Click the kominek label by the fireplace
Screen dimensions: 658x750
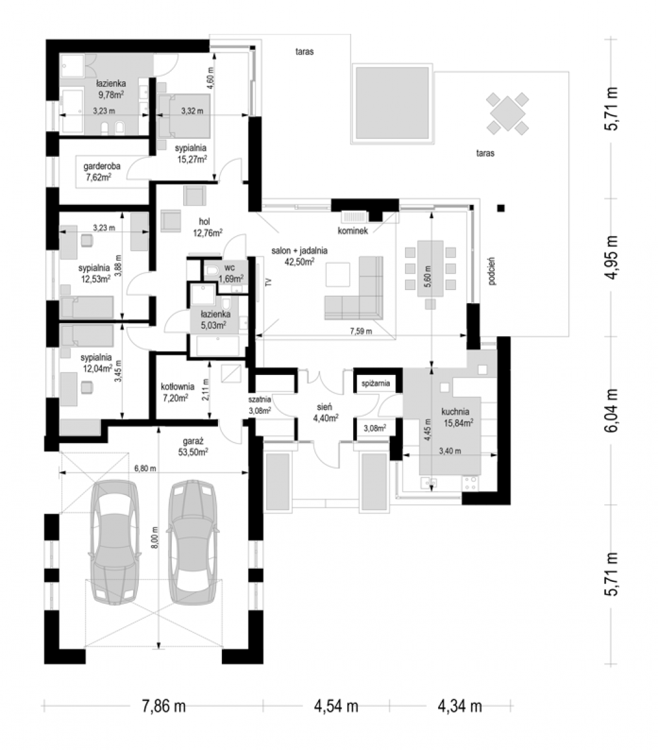(x=352, y=231)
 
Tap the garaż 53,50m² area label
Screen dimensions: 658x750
(x=193, y=446)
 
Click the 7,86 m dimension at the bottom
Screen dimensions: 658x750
(x=164, y=706)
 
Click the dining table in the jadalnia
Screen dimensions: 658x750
(x=430, y=268)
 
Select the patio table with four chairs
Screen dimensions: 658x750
(x=507, y=113)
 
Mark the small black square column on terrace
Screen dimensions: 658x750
(x=501, y=208)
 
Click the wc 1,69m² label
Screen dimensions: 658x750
(x=231, y=273)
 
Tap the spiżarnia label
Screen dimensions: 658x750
(x=376, y=384)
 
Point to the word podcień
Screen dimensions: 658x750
(x=492, y=271)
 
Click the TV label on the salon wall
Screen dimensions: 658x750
(x=269, y=282)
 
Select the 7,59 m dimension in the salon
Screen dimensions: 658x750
(x=361, y=331)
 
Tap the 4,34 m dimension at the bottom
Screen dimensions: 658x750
(x=460, y=706)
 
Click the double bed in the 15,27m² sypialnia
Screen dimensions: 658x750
(x=184, y=116)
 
